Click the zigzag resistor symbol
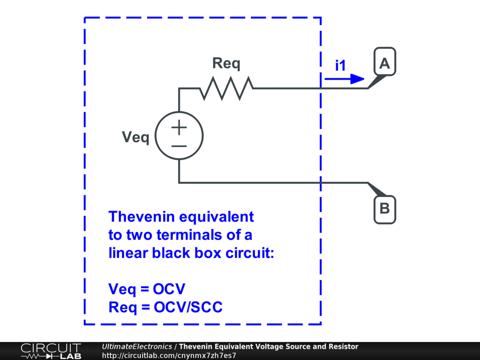pos(227,88)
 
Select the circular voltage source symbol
pos(179,135)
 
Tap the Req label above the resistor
pos(226,63)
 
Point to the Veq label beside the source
pos(135,137)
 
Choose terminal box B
pos(385,209)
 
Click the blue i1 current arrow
pos(344,79)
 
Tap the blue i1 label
pos(340,66)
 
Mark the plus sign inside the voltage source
pos(179,127)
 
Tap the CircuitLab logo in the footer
pos(51,351)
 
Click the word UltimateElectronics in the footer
pos(137,346)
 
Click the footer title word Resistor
pos(343,346)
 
